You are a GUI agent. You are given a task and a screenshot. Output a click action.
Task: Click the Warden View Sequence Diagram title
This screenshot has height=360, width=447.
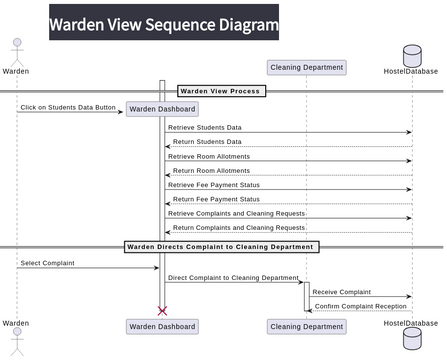tap(164, 24)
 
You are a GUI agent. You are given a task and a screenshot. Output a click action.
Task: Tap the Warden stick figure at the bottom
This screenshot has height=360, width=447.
tap(16, 343)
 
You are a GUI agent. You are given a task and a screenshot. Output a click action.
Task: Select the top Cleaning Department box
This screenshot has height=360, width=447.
tap(307, 68)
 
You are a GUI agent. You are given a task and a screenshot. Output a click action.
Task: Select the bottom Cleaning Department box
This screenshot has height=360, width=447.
tap(307, 326)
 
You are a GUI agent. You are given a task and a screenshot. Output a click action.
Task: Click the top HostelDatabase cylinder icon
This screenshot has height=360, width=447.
tap(411, 54)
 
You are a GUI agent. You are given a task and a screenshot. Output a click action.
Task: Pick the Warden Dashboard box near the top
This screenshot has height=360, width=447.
tap(162, 109)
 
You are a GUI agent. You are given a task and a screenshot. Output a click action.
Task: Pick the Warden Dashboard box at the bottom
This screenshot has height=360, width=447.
tap(162, 326)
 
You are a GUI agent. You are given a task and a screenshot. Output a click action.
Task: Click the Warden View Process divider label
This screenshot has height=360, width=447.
tap(220, 91)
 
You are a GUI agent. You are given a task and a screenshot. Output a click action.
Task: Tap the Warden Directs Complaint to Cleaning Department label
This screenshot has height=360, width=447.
tap(221, 246)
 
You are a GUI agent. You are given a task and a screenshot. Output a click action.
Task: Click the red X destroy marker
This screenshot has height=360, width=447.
tap(162, 311)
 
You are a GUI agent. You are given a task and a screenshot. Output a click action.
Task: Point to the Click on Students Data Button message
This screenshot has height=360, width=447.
tap(68, 107)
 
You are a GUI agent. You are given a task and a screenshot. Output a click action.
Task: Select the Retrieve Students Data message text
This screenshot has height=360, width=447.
tap(204, 127)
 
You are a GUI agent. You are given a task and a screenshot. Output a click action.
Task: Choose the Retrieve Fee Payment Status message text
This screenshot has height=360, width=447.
tap(213, 184)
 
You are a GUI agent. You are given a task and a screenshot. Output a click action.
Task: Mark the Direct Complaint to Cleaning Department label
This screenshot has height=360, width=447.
tap(233, 277)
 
